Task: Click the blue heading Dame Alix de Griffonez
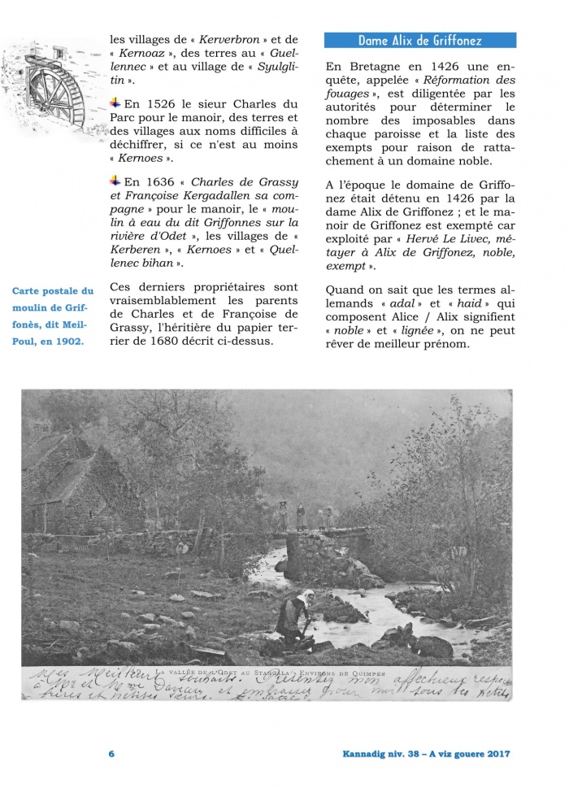click(419, 40)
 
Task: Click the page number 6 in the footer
click(111, 754)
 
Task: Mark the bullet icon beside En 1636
click(115, 181)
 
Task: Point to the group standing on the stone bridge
click(305, 516)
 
